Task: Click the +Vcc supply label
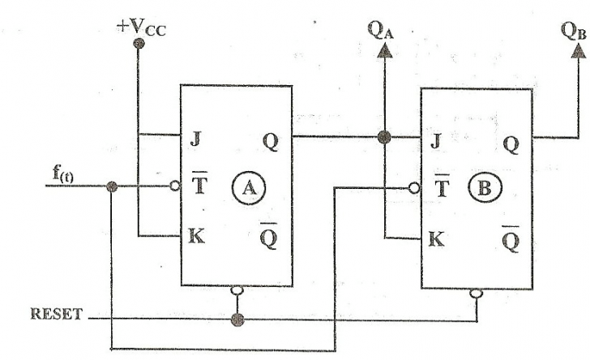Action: pyautogui.click(x=141, y=28)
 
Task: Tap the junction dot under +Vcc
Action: pyautogui.click(x=139, y=44)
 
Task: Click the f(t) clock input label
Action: pyautogui.click(x=63, y=174)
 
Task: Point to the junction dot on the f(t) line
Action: pyautogui.click(x=112, y=186)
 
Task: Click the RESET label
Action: pyautogui.click(x=57, y=314)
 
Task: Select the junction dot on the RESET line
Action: pyautogui.click(x=237, y=319)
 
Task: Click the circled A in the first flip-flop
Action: pyautogui.click(x=249, y=187)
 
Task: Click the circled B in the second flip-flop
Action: pyautogui.click(x=485, y=186)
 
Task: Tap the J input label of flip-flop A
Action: pyautogui.click(x=195, y=139)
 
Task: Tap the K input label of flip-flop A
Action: pyautogui.click(x=196, y=236)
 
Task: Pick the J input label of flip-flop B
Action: pyautogui.click(x=436, y=141)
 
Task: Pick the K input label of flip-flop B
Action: pyautogui.click(x=437, y=238)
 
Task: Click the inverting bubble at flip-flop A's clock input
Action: pyautogui.click(x=175, y=186)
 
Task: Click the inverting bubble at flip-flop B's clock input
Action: pyautogui.click(x=414, y=188)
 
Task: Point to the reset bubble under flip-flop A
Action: pyautogui.click(x=237, y=290)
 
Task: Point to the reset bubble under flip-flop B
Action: pyautogui.click(x=477, y=293)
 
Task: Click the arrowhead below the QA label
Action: pyautogui.click(x=384, y=50)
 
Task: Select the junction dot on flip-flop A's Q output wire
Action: pyautogui.click(x=384, y=137)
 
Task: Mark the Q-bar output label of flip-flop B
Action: pyautogui.click(x=511, y=238)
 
